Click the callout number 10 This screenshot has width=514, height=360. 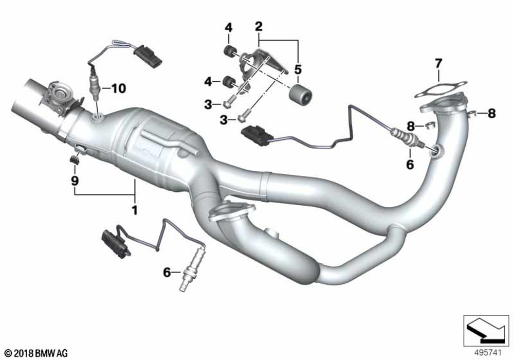click(118, 88)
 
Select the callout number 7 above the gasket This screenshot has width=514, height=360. click(438, 64)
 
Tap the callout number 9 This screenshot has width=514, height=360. click(75, 181)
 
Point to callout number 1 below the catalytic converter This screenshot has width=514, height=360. click(134, 210)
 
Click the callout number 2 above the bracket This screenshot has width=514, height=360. click(259, 27)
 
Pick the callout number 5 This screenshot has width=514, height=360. click(298, 70)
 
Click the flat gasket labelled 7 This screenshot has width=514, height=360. click(440, 89)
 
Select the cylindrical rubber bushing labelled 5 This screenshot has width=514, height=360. click(300, 95)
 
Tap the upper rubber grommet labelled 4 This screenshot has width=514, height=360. click(229, 51)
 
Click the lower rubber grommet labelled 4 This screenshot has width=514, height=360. click(228, 81)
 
